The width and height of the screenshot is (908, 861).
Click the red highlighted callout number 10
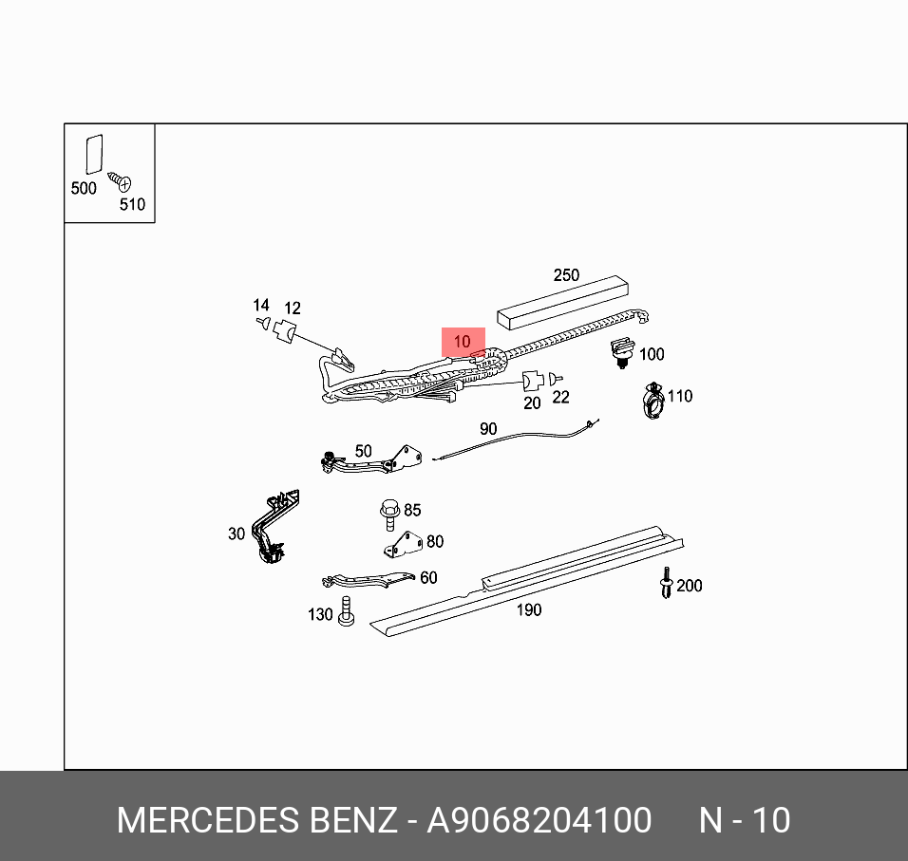tap(463, 341)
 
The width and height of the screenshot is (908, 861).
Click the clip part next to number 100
tap(622, 351)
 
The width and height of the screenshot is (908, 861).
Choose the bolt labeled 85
tap(389, 514)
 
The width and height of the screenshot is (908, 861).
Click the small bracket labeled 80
tap(403, 544)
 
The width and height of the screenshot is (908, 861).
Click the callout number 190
tap(528, 609)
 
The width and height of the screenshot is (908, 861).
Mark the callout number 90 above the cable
tap(488, 429)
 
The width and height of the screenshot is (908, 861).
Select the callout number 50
tap(364, 452)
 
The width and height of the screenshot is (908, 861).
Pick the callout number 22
tap(560, 397)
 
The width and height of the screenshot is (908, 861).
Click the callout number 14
tap(261, 305)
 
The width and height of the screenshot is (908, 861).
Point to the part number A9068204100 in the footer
tap(539, 820)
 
